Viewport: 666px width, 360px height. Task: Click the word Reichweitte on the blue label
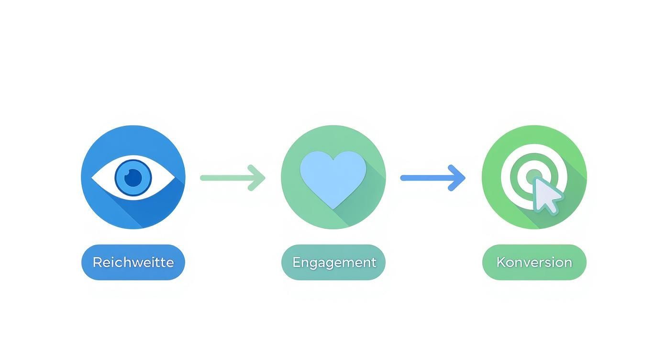click(x=133, y=262)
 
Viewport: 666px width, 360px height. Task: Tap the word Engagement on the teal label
click(x=334, y=262)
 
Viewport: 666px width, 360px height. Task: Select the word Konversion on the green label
click(x=534, y=262)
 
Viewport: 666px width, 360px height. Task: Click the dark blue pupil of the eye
click(x=133, y=178)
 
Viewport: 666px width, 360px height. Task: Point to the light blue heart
click(x=333, y=175)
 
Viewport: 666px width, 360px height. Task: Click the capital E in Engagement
click(x=296, y=262)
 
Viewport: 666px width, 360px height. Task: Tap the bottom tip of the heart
click(x=333, y=207)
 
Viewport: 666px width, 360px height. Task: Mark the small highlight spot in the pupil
click(x=128, y=174)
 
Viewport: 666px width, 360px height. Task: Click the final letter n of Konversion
click(x=568, y=263)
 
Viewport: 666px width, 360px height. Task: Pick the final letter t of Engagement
click(x=373, y=262)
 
